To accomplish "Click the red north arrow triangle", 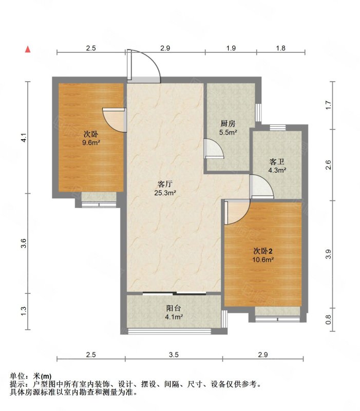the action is click(28, 49).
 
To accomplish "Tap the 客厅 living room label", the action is click(165, 184).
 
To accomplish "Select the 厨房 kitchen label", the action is click(228, 123).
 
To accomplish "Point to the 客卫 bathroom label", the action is click(277, 162).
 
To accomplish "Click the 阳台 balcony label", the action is click(174, 308).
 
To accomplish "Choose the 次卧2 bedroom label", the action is click(263, 251).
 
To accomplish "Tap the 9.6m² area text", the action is click(91, 143).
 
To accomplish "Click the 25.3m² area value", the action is click(165, 193).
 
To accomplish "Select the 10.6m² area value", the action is click(263, 260).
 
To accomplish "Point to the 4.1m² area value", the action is click(174, 317).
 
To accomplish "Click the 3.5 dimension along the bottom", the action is click(174, 354).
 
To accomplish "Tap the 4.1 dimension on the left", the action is click(24, 138).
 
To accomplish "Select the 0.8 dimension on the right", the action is click(329, 320).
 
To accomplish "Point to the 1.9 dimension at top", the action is click(231, 48).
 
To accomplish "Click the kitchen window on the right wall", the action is click(258, 113).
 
